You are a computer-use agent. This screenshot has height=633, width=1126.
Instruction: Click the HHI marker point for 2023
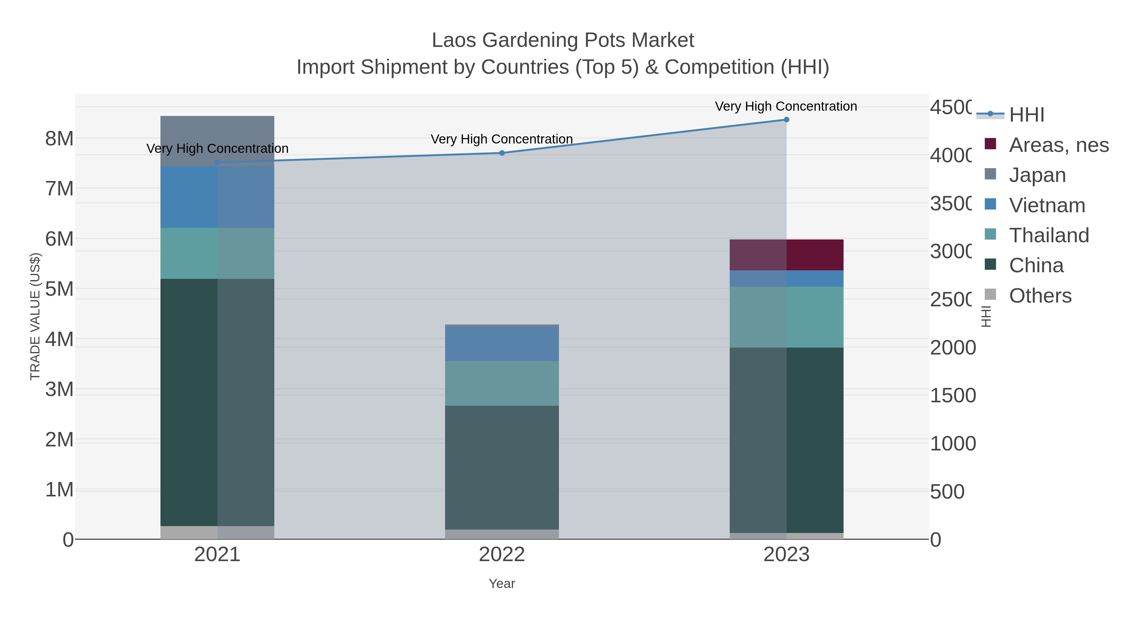click(x=786, y=120)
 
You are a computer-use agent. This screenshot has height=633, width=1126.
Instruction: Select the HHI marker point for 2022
click(x=502, y=153)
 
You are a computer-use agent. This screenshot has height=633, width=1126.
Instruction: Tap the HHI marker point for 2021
click(x=217, y=163)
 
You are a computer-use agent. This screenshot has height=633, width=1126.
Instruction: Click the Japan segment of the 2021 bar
click(x=217, y=141)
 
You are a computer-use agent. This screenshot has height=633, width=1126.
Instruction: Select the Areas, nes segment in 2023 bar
click(x=786, y=255)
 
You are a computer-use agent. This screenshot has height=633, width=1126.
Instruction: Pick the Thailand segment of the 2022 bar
click(x=502, y=383)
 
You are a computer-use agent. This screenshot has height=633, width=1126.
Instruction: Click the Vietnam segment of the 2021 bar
click(x=217, y=197)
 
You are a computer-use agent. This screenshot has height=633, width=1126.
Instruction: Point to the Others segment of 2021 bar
click(x=217, y=533)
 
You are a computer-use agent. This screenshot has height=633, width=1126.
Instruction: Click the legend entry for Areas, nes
click(x=1058, y=145)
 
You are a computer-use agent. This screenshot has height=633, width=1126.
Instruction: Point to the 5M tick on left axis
click(x=59, y=289)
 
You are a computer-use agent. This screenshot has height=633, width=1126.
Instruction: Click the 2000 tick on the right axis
click(x=952, y=348)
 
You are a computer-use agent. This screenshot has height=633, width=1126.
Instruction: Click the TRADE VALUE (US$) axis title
click(x=35, y=316)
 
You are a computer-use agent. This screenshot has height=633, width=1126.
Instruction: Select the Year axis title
click(x=502, y=584)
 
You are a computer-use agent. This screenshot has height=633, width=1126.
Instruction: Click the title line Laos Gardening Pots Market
click(x=563, y=40)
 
